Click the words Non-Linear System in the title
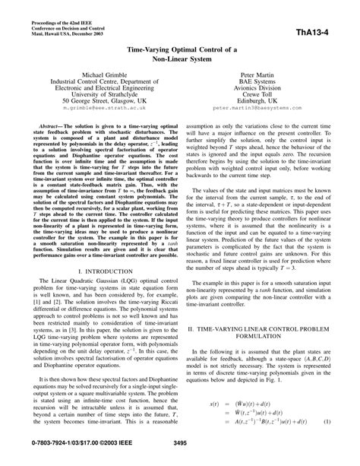[179, 57]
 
